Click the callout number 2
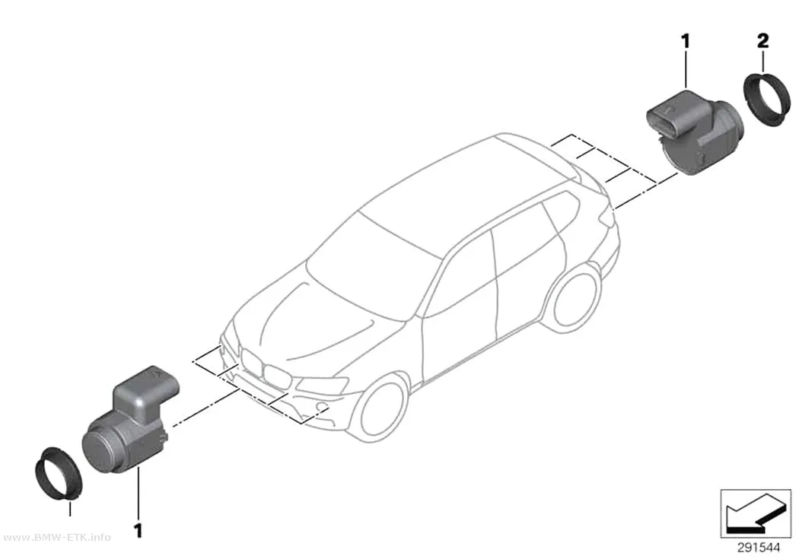[x=762, y=40]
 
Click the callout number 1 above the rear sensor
[x=686, y=41]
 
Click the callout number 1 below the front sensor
[x=138, y=530]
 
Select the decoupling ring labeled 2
[x=766, y=100]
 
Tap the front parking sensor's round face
[x=100, y=449]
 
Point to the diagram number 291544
[x=758, y=548]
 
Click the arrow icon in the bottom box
[x=756, y=513]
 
